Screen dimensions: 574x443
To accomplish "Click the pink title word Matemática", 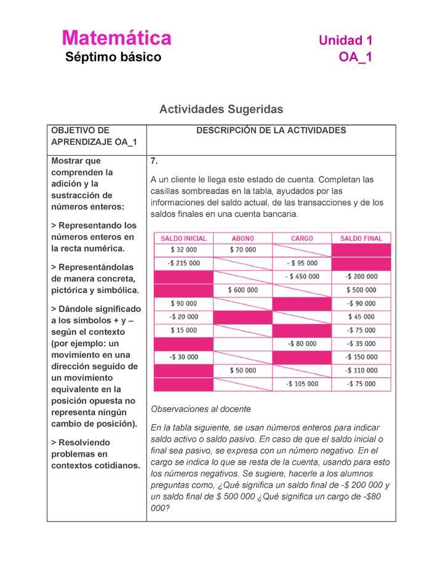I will tap(116, 38).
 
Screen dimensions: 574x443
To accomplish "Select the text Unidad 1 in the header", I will tap(345, 41).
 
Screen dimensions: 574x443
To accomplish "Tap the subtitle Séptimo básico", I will tap(113, 58).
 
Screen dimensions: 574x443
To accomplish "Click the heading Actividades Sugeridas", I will tap(221, 109).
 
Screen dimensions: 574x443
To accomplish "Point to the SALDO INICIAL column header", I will tap(183, 238).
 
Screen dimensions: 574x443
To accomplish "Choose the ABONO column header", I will tap(242, 238).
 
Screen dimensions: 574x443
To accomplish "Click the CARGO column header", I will tap(301, 238).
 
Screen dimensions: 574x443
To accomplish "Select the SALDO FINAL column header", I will tap(361, 238).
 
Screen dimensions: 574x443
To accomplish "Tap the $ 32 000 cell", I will tap(183, 250).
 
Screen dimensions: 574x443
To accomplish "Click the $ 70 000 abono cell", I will tap(242, 250).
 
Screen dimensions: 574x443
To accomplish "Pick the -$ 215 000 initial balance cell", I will tap(183, 263).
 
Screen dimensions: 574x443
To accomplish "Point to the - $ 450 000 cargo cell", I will tap(301, 277).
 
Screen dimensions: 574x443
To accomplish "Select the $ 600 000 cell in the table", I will tap(242, 290).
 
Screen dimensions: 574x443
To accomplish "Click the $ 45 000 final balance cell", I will tap(361, 317).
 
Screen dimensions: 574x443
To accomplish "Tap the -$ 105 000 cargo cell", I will tap(301, 384).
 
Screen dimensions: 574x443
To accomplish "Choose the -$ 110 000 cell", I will tap(361, 370).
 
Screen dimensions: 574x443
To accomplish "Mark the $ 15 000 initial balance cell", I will tap(183, 330).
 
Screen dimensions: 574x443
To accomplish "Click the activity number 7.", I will tap(154, 161).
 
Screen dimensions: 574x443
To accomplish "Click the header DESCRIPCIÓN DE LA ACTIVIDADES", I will tap(271, 131).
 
